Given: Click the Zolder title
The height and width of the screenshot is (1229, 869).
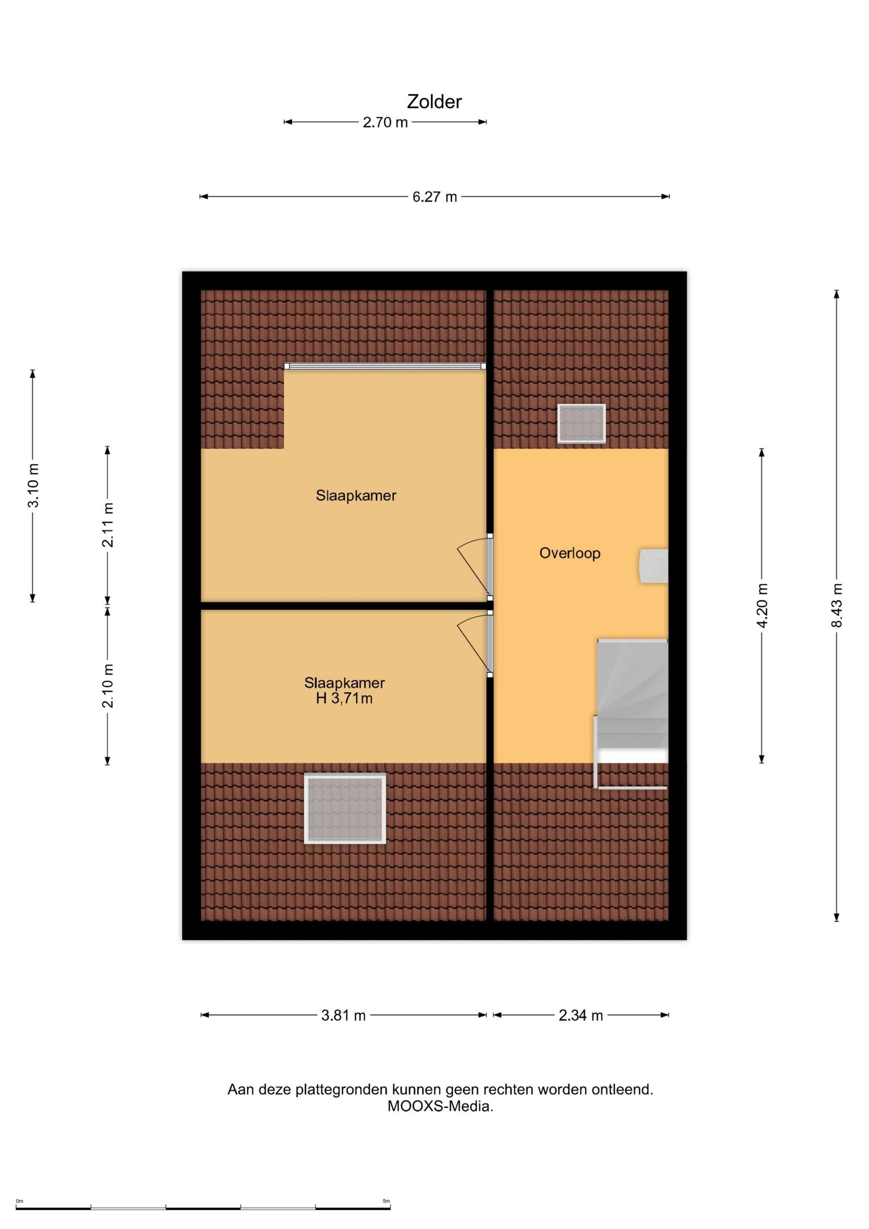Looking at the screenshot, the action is pyautogui.click(x=434, y=102).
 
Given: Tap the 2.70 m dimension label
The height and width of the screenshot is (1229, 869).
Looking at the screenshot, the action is pyautogui.click(x=385, y=122).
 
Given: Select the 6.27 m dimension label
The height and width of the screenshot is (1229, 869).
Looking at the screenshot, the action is pyautogui.click(x=434, y=197).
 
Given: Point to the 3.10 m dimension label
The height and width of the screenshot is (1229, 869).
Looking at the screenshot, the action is pyautogui.click(x=33, y=486).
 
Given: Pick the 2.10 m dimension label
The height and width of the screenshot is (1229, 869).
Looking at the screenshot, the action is pyautogui.click(x=108, y=686).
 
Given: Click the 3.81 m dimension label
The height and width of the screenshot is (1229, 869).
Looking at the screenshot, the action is pyautogui.click(x=343, y=1016).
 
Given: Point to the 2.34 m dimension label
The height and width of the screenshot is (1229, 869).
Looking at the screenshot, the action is pyautogui.click(x=581, y=1016).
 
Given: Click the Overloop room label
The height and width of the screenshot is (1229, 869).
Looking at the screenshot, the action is pyautogui.click(x=570, y=553).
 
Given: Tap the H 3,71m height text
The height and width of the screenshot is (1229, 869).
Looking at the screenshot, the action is pyautogui.click(x=344, y=699).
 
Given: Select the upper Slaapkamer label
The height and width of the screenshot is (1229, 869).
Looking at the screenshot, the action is pyautogui.click(x=356, y=496).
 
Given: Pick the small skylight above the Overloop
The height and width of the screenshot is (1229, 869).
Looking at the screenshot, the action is pyautogui.click(x=581, y=423).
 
